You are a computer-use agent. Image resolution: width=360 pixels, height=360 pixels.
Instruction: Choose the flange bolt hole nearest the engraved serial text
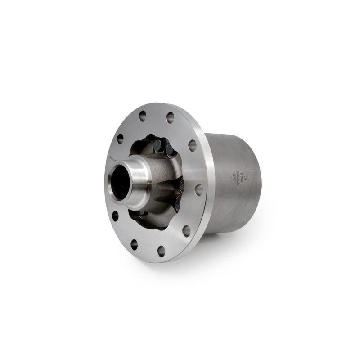(198, 190)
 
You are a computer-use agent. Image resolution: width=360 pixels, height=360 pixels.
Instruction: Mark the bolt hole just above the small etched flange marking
(120, 139)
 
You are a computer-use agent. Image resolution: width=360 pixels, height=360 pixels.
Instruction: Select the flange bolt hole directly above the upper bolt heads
(170, 118)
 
